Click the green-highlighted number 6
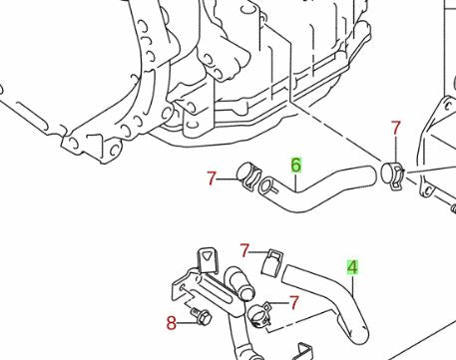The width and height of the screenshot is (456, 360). tap(296, 165)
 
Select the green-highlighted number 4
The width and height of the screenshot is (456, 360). tap(352, 267)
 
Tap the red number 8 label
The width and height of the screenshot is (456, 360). tap(171, 322)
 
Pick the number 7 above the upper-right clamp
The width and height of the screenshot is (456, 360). tap(395, 129)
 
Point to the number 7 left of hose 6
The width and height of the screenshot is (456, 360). tap(211, 179)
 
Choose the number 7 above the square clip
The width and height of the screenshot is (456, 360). tap(244, 250)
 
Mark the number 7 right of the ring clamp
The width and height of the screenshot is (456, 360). tap(294, 301)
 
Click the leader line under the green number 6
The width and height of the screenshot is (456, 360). tap(296, 183)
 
